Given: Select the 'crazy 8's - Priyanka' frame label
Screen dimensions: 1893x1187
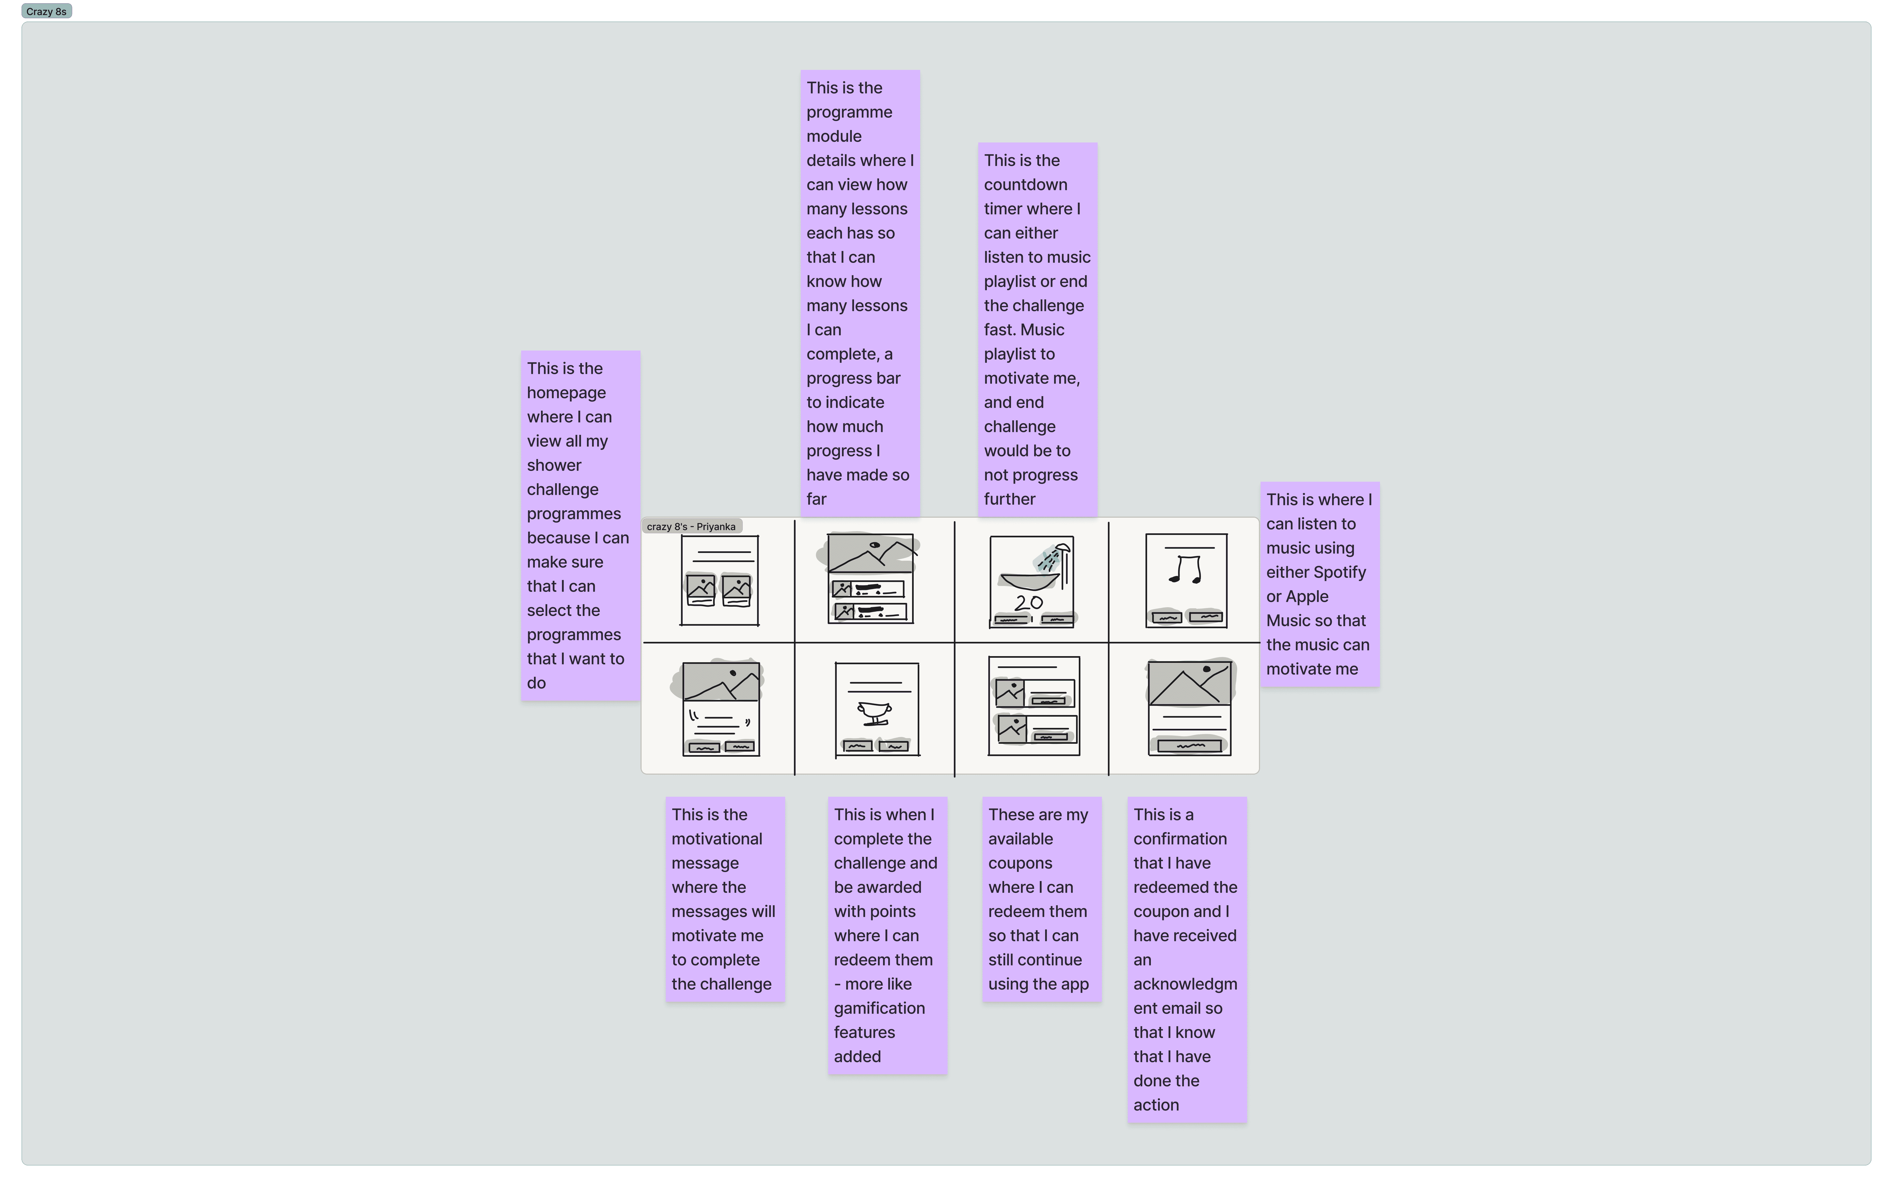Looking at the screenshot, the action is coord(691,527).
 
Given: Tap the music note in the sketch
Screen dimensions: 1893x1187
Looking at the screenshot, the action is coord(1186,569).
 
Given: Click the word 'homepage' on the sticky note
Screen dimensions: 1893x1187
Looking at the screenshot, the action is coord(566,392).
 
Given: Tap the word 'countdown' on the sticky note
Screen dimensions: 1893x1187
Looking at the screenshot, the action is coord(1025,184).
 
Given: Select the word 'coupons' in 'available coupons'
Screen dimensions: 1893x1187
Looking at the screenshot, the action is coord(1020,863).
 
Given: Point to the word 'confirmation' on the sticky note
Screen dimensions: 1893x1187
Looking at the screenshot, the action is coord(1179,838).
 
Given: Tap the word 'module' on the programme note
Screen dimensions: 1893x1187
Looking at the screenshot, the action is coord(834,136).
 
